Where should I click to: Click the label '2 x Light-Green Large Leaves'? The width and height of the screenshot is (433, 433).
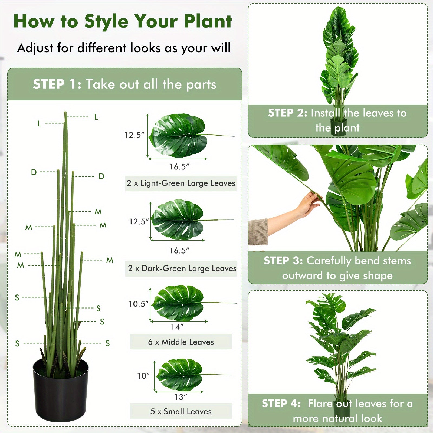click(x=181, y=183)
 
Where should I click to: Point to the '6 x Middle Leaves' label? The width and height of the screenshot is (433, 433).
click(x=181, y=342)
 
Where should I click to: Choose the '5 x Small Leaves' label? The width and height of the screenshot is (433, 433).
click(x=181, y=411)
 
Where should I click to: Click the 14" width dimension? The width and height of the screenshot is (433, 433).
click(x=177, y=327)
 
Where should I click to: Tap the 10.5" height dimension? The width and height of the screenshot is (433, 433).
click(x=138, y=304)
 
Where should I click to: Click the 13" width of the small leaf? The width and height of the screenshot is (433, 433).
click(x=181, y=397)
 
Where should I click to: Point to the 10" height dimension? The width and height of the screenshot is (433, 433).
click(x=143, y=376)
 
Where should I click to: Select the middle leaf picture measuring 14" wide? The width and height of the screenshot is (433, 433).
click(x=179, y=303)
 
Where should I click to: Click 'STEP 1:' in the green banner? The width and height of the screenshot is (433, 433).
click(x=57, y=84)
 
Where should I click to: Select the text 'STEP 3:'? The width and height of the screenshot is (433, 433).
click(x=283, y=261)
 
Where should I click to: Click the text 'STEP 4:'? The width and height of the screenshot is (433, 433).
click(x=281, y=404)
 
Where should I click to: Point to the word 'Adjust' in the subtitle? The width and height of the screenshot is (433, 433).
click(x=35, y=48)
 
